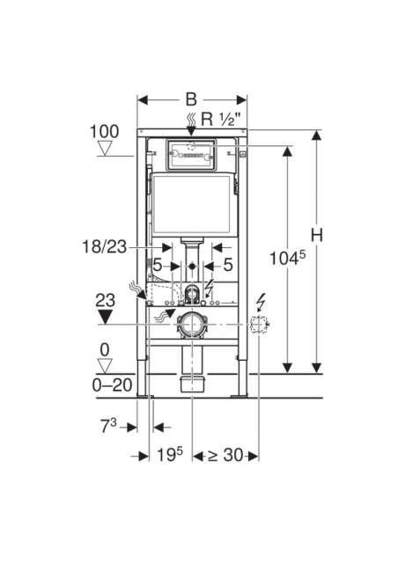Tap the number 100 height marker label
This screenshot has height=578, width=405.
tap(104, 133)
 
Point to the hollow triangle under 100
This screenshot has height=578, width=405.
tap(106, 150)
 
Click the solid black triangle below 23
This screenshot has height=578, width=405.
tap(106, 315)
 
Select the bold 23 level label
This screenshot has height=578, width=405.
tap(106, 299)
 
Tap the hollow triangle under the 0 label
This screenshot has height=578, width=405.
tap(106, 366)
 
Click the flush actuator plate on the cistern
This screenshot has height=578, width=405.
tap(190, 157)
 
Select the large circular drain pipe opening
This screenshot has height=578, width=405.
tap(191, 325)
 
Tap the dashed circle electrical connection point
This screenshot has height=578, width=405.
tap(258, 326)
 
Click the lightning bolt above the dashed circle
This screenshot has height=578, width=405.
tap(259, 301)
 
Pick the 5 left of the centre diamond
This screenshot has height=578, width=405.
tap(158, 264)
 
